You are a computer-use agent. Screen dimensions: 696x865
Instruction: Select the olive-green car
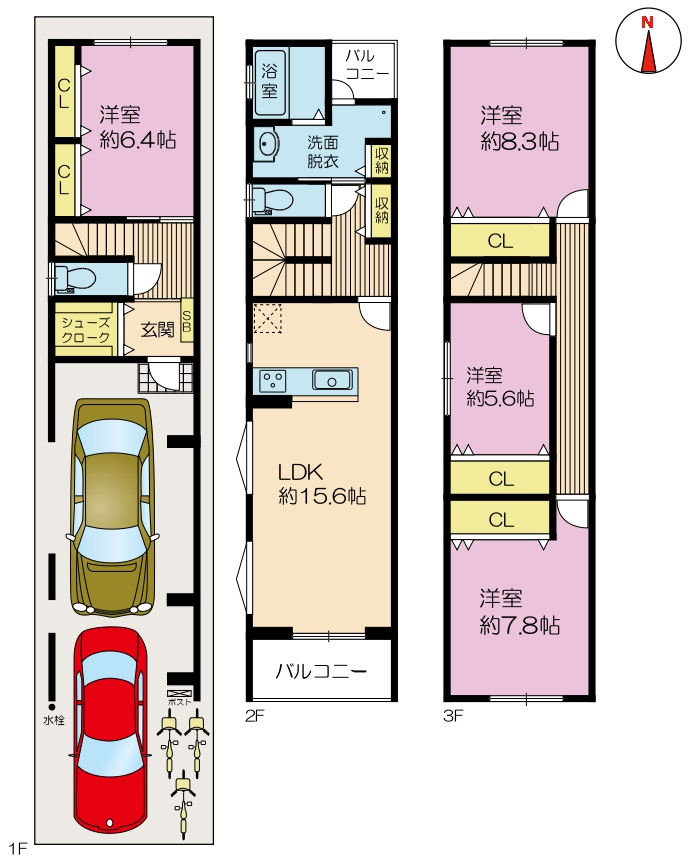112,506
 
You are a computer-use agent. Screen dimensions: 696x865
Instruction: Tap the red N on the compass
647,23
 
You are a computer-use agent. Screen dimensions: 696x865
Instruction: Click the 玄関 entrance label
158,329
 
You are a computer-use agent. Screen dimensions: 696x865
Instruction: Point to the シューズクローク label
85,330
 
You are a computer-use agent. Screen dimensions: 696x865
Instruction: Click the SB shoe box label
187,321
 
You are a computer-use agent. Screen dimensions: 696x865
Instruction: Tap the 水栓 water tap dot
51,706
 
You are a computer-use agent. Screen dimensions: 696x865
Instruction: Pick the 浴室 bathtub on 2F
270,82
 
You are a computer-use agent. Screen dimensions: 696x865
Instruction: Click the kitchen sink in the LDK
331,381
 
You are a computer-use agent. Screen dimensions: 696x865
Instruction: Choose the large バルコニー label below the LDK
322,671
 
